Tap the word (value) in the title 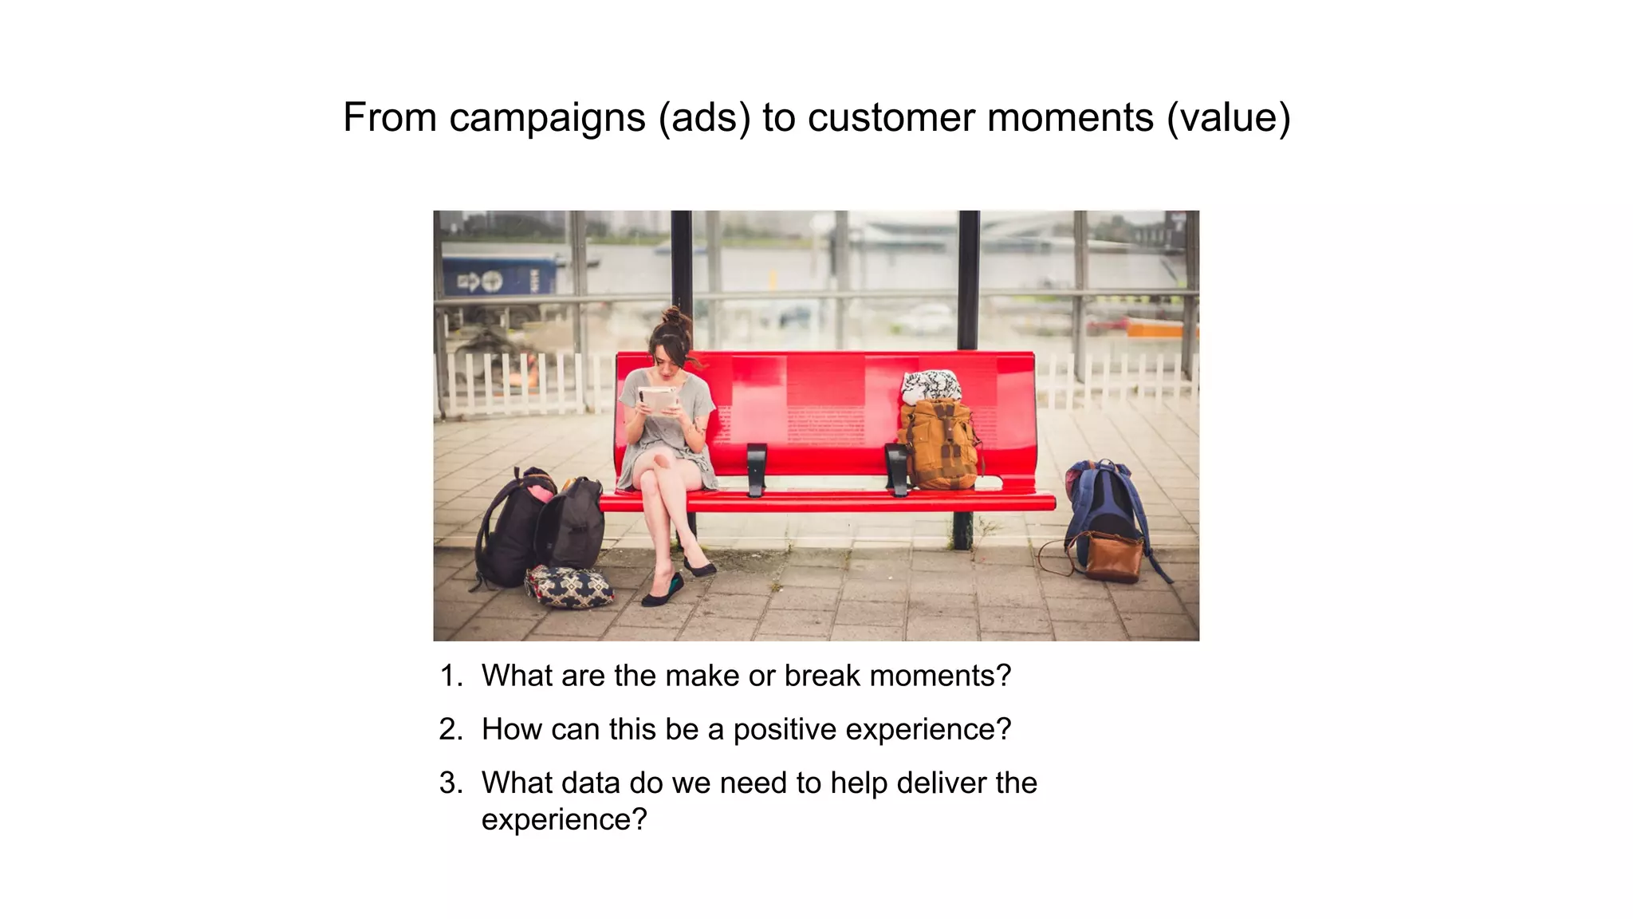click(x=1228, y=118)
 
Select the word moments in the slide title click(x=1070, y=118)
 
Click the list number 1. click(x=450, y=676)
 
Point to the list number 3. click(x=450, y=783)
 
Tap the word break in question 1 click(x=822, y=676)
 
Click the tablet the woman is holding click(x=658, y=398)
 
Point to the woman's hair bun click(x=676, y=317)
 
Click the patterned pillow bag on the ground click(x=569, y=586)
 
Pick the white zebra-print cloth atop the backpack click(x=930, y=385)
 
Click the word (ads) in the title click(x=704, y=118)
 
